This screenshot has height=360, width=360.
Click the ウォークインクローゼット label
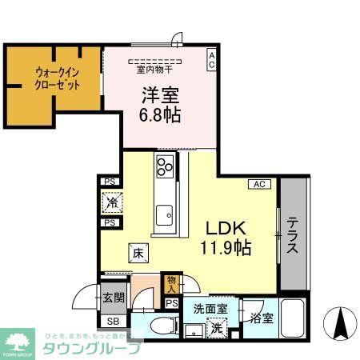click(x=57, y=79)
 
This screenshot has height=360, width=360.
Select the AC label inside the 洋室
click(x=211, y=60)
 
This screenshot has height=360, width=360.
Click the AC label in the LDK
click(x=258, y=184)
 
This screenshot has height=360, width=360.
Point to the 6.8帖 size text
click(x=160, y=114)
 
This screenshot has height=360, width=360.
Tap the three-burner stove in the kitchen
click(x=165, y=169)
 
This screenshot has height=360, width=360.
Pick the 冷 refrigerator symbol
click(x=110, y=202)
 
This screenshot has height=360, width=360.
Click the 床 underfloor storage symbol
click(x=137, y=254)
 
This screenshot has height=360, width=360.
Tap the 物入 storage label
click(x=170, y=282)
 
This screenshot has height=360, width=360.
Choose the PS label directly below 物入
click(x=170, y=304)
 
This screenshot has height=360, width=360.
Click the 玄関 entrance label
click(x=113, y=299)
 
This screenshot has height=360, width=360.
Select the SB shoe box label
click(x=113, y=322)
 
